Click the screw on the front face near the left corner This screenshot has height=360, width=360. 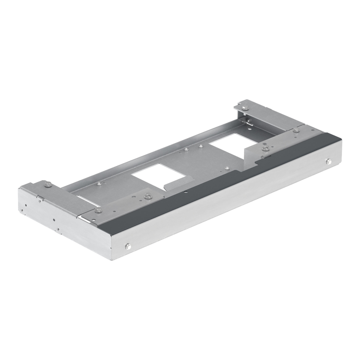click(128, 247)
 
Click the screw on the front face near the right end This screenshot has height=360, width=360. click(329, 162)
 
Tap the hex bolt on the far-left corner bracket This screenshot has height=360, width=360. click(48, 184)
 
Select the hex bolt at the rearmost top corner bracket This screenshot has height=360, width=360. click(245, 108)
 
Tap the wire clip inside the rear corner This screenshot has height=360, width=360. click(249, 121)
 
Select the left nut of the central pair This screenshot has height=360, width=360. click(186, 149)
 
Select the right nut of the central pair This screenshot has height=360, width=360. click(200, 146)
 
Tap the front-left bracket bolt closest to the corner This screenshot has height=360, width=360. click(98, 211)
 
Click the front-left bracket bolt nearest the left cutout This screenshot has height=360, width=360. click(148, 196)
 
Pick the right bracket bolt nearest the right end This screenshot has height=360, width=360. click(296, 130)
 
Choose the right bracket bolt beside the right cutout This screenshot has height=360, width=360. click(266, 148)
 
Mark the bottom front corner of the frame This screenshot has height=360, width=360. click(112, 259)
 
